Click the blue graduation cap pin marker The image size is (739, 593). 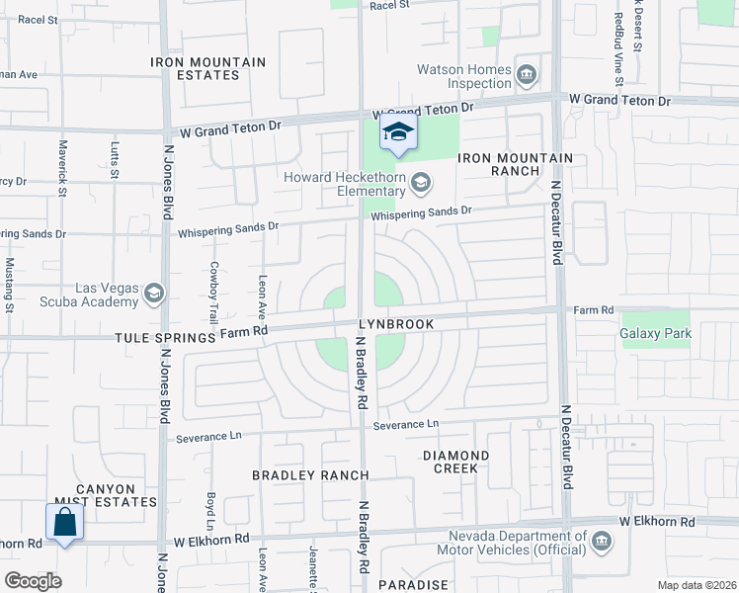(398, 133)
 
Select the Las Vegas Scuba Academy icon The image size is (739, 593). (154, 294)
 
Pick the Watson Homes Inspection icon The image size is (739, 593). (527, 74)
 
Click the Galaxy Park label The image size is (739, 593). (655, 333)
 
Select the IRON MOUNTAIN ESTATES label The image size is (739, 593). (208, 68)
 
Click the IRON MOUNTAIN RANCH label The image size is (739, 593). (514, 164)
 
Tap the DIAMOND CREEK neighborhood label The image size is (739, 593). (455, 462)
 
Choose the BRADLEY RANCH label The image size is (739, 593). (296, 475)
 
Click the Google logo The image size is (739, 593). (33, 581)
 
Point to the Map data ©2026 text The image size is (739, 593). (696, 585)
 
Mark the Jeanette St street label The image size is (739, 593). (311, 567)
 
